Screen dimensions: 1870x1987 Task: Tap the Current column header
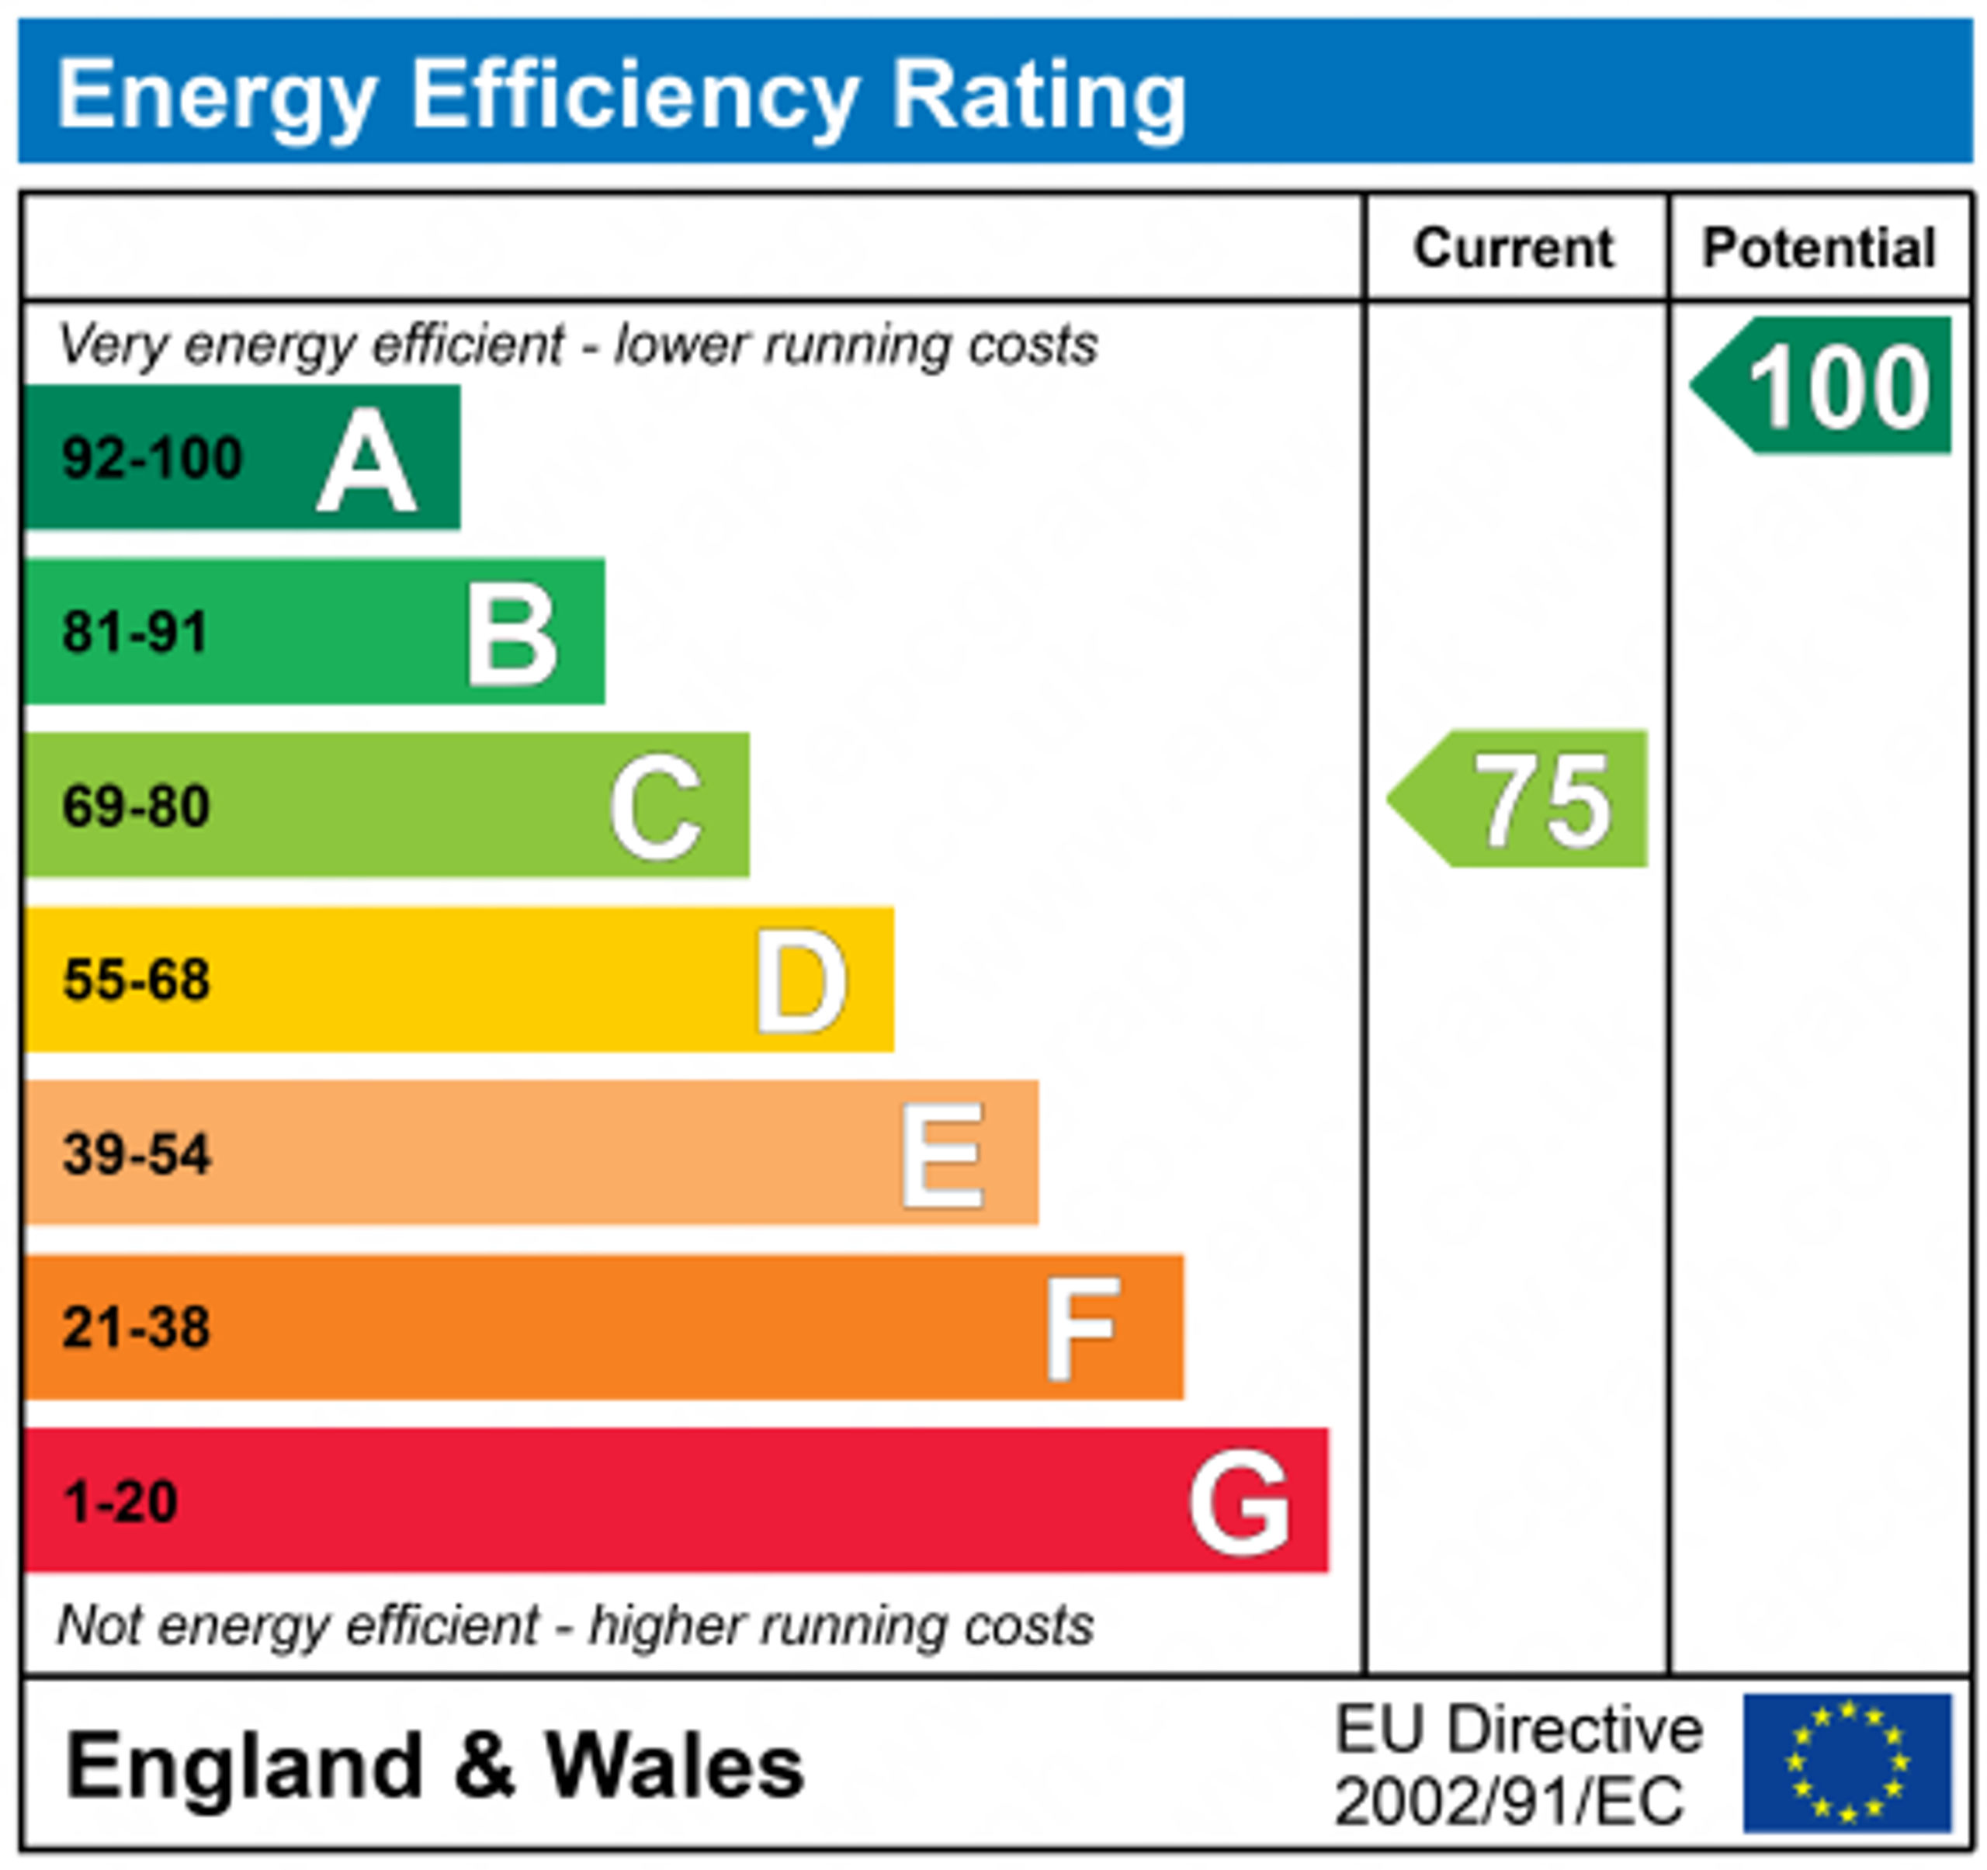tap(1514, 248)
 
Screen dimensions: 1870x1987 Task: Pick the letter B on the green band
tap(511, 635)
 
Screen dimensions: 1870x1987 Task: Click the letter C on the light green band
tap(657, 807)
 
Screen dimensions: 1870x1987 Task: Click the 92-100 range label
tap(152, 459)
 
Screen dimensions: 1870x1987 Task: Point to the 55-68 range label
tap(137, 980)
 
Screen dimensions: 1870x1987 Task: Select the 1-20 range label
tap(121, 1501)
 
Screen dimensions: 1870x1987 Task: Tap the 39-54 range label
tap(137, 1154)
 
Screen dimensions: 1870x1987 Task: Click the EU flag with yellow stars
tap(1847, 1762)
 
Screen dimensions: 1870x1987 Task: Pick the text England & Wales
tap(435, 1766)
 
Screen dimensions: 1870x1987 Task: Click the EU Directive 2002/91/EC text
tap(1517, 1765)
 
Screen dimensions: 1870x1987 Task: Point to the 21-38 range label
tap(137, 1327)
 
